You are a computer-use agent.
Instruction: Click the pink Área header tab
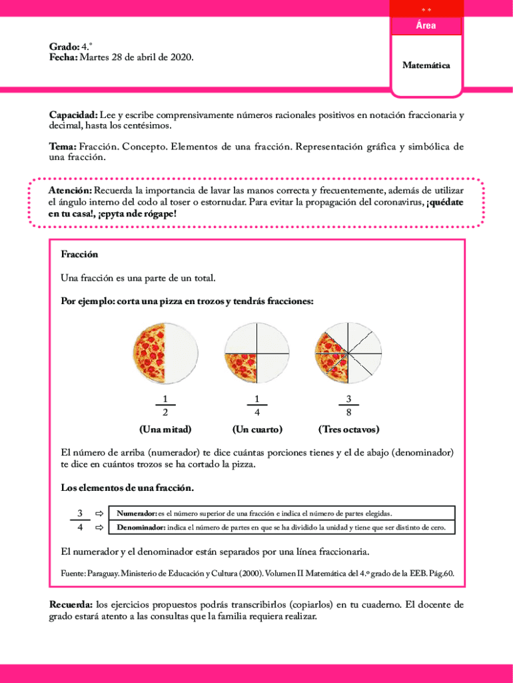coord(426,25)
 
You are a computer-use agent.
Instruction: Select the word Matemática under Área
coord(426,65)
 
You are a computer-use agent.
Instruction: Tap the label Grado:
coord(63,47)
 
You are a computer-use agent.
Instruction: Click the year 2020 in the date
coord(181,58)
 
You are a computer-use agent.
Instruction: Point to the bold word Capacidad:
coord(73,115)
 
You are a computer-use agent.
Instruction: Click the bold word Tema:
coord(63,146)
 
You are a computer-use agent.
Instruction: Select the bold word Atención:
coord(71,191)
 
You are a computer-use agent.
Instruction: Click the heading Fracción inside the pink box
coord(79,254)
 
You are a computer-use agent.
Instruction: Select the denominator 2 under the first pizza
coord(165,412)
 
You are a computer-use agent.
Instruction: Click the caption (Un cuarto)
coord(256,429)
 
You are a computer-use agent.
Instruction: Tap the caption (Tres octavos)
coord(348,429)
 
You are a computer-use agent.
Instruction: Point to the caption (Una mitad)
coord(165,429)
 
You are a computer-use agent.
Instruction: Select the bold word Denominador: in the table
coord(141,528)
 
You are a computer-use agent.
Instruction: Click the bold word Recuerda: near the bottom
coord(71,604)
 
